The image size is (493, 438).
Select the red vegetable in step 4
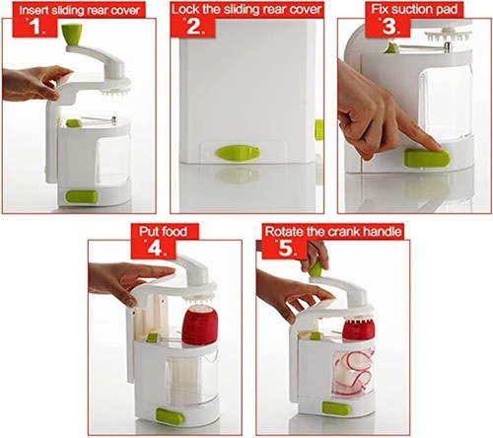point(200,324)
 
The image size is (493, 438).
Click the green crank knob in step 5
point(315,266)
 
